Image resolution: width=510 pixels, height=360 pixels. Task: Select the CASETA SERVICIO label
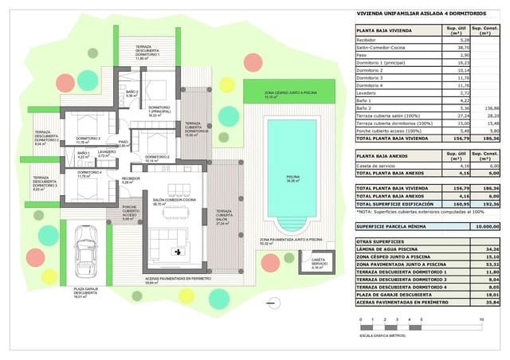(x=318, y=264)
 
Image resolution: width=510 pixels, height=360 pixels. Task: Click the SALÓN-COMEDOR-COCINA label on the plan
(x=169, y=202)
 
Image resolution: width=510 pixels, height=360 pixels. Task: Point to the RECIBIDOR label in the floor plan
(x=131, y=179)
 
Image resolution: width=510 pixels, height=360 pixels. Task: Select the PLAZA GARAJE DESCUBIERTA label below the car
(x=85, y=293)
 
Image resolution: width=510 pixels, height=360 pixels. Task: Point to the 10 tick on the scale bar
(x=481, y=319)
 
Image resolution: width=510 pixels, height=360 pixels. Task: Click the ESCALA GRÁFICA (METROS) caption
(x=381, y=338)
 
